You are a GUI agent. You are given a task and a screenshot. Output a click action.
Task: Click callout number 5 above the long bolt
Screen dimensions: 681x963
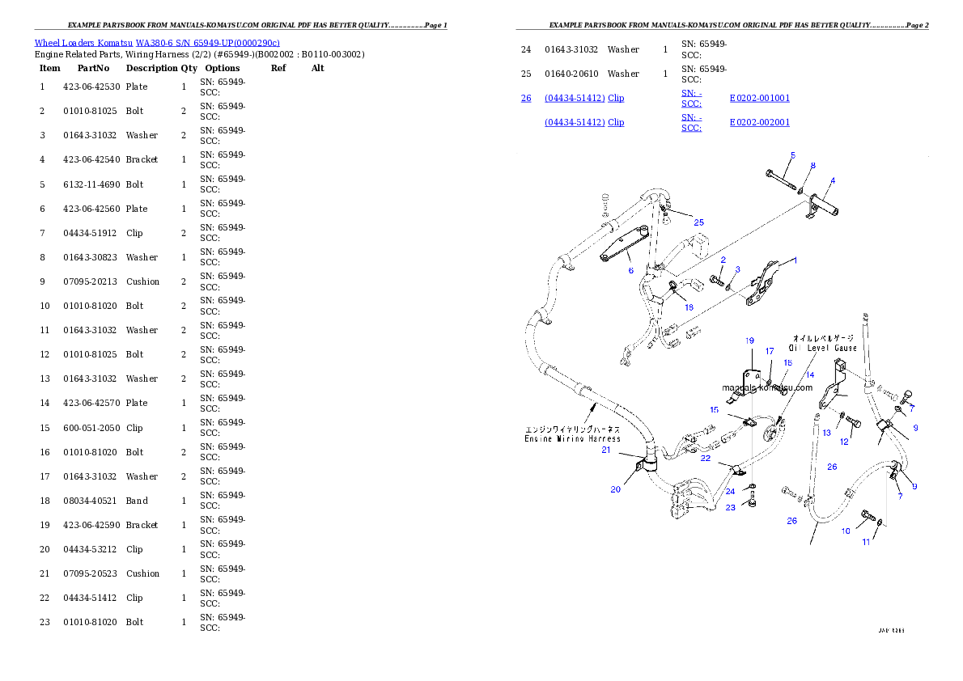click(x=792, y=154)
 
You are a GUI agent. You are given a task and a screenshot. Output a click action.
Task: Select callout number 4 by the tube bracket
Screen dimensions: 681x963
click(x=833, y=180)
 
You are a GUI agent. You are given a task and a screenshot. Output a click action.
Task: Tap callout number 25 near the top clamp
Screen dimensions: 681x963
click(x=698, y=222)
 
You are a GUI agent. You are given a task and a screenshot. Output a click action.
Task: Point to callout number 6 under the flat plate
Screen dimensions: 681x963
click(x=631, y=271)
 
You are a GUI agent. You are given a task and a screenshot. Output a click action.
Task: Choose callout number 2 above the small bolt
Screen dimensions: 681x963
click(x=723, y=260)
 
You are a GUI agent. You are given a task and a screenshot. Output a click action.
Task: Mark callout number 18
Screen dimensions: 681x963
click(x=689, y=307)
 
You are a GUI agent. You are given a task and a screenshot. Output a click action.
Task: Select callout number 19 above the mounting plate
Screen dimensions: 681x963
click(x=749, y=340)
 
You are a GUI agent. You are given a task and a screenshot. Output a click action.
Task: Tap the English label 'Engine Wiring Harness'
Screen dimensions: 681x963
click(x=572, y=438)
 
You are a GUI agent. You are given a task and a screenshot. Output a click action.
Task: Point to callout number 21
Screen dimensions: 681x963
click(x=606, y=450)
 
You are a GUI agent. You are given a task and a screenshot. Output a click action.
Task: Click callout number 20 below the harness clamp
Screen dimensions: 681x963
click(x=616, y=489)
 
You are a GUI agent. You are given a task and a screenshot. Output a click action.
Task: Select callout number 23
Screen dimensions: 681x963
click(x=730, y=508)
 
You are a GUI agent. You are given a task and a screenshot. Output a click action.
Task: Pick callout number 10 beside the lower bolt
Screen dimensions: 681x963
click(x=846, y=531)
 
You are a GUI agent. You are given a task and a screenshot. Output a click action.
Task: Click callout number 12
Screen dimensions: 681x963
click(x=844, y=442)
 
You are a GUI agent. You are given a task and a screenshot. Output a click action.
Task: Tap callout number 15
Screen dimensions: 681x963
click(x=715, y=410)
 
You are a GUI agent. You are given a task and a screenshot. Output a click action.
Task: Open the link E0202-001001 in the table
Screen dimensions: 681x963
click(x=759, y=98)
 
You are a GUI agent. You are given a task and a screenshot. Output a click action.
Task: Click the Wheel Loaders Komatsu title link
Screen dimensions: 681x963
click(x=157, y=43)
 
